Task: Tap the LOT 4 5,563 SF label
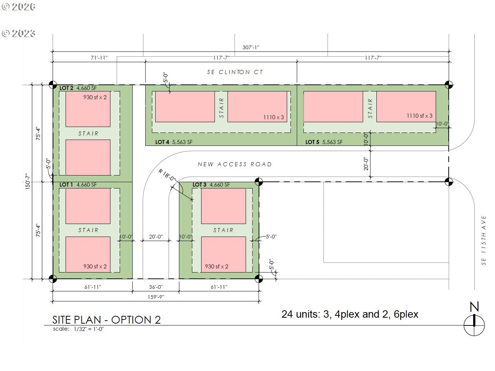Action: coord(174,142)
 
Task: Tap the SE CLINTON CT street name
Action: coord(235,72)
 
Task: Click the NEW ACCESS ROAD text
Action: coord(235,164)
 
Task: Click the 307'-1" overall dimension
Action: coord(251,47)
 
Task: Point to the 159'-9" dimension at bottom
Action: coord(156,297)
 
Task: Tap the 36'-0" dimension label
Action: coord(156,287)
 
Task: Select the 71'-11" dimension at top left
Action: coord(99,58)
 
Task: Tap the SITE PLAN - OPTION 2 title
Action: coord(106,320)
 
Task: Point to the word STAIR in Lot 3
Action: coord(223,230)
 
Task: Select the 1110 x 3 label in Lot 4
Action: coord(273,117)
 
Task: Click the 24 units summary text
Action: coord(350,314)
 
